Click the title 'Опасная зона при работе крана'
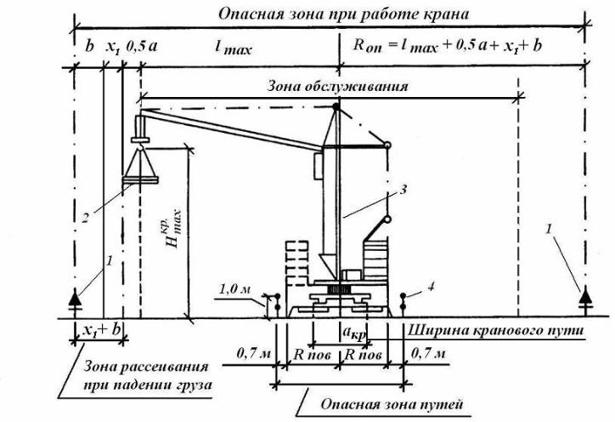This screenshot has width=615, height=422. tap(343, 15)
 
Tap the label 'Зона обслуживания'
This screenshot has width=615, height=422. tap(338, 87)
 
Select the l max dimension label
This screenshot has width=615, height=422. tap(234, 48)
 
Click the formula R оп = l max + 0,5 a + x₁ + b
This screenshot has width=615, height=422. tap(448, 46)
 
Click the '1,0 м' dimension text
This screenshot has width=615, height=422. tap(234, 290)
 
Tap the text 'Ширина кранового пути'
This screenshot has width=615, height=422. tap(496, 330)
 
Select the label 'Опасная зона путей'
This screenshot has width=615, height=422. tap(392, 404)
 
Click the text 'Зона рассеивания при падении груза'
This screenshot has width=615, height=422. tap(148, 376)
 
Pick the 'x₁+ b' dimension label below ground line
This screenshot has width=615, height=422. tap(101, 330)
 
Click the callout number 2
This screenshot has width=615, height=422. tap(85, 217)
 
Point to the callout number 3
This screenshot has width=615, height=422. tap(403, 190)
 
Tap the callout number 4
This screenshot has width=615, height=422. tap(431, 287)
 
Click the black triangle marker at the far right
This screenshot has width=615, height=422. tap(585, 295)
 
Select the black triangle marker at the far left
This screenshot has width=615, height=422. tap(75, 298)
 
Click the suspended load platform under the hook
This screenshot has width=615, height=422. tap(140, 180)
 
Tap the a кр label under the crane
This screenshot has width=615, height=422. tap(354, 334)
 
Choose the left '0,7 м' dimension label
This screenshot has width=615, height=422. tap(253, 354)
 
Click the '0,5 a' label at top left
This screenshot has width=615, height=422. tap(142, 46)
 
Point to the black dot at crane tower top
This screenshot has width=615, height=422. tap(336, 106)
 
